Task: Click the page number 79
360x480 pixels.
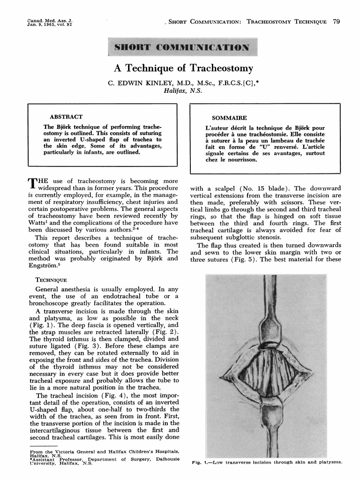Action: coord(336,22)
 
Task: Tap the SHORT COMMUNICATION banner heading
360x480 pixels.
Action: coord(180,47)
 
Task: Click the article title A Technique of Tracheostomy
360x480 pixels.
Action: coord(184,69)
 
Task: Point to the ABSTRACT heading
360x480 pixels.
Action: coord(66,117)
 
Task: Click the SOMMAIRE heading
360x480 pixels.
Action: coord(229,118)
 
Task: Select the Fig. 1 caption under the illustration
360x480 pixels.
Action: coord(268,463)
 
